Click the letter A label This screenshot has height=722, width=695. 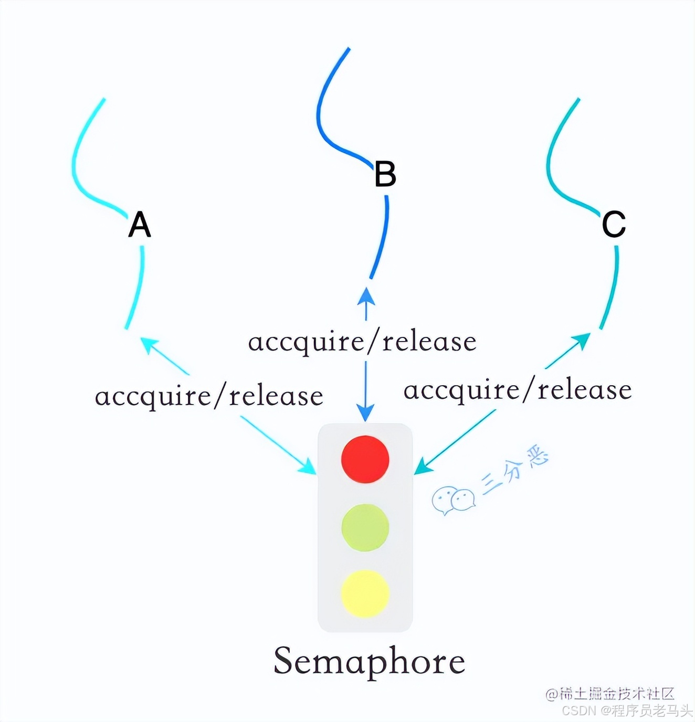pos(140,225)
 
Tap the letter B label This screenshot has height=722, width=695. pos(385,174)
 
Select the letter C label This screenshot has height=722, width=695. pos(614,225)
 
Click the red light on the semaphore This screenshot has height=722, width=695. pos(365,459)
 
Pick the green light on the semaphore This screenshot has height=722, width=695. pos(365,527)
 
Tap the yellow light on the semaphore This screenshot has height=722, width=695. pos(365,593)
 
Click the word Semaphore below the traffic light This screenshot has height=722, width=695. pos(369,661)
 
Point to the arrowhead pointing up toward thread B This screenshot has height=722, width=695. pos(366,296)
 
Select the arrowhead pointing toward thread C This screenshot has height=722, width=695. pos(582,341)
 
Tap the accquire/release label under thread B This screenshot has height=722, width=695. pos(362,342)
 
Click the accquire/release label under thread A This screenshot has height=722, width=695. pos(209,396)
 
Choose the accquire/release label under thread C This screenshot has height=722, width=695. pos(518,390)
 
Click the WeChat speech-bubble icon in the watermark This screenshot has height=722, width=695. pos(453,500)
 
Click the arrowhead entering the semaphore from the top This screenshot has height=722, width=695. pos(365,412)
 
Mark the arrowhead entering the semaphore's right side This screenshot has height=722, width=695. pos(423,467)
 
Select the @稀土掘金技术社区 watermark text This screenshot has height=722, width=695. pos(610,694)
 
